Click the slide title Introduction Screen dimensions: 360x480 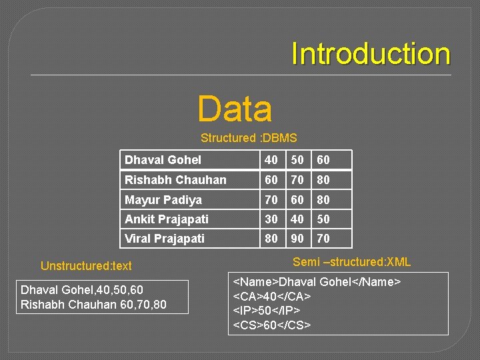[x=371, y=54]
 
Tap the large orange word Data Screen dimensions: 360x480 [x=235, y=109]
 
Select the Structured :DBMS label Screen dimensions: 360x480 [x=249, y=138]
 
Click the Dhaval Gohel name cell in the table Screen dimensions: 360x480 [x=163, y=160]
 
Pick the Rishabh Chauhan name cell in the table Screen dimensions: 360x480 [x=175, y=180]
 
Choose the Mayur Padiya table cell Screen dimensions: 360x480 [x=163, y=199]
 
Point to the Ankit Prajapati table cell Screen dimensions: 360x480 [x=167, y=219]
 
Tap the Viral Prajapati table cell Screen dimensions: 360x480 [x=165, y=238]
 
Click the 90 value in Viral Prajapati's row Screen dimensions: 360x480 [x=297, y=238]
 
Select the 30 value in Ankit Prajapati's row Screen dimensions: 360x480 [x=271, y=219]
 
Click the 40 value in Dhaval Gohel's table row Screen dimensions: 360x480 [x=271, y=160]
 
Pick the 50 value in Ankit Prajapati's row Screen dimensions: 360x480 [x=323, y=219]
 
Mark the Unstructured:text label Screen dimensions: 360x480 [x=86, y=265]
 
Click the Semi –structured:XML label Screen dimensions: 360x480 [x=352, y=262]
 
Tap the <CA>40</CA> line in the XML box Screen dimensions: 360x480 [x=272, y=296]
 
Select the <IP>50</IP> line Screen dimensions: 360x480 [x=267, y=311]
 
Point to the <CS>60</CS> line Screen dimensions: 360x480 [x=272, y=325]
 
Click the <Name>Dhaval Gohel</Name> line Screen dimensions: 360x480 [x=317, y=282]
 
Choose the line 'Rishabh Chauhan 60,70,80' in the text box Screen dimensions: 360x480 [x=93, y=305]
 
